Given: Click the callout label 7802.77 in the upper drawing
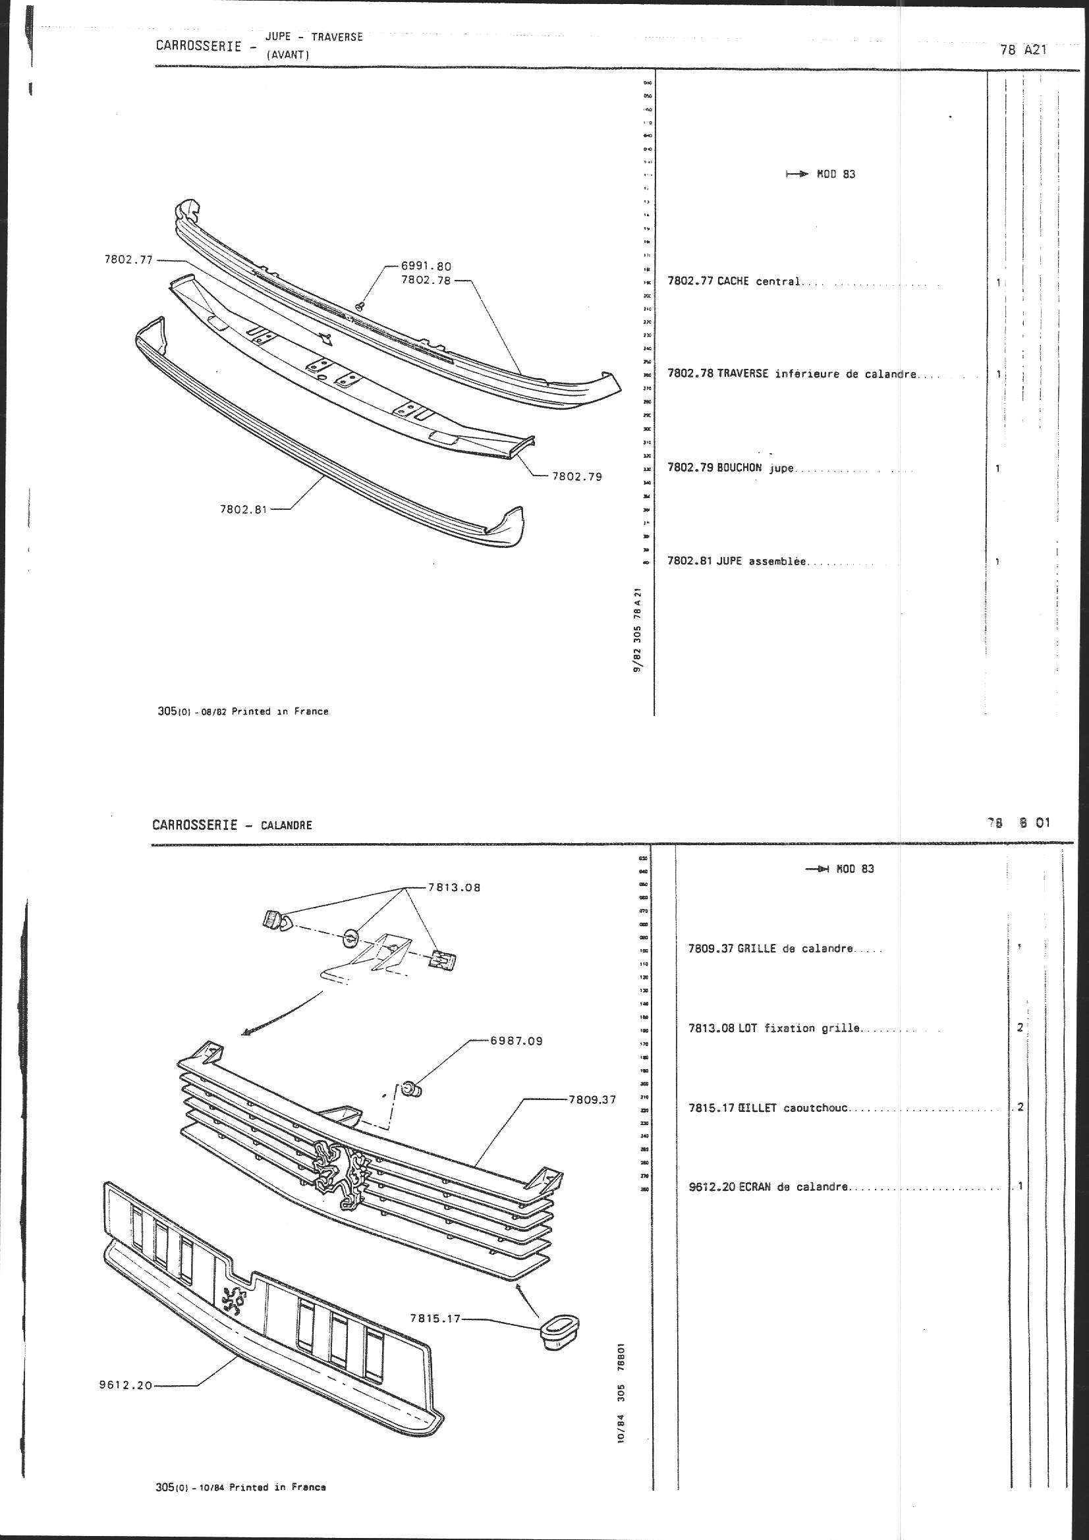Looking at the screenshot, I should [x=129, y=260].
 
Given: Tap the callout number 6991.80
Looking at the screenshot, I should [x=426, y=266].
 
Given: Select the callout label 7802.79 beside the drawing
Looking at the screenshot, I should [x=576, y=477].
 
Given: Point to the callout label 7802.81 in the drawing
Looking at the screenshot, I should [x=244, y=509].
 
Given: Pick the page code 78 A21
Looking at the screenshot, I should [x=1022, y=49].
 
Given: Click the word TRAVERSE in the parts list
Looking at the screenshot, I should [x=742, y=373].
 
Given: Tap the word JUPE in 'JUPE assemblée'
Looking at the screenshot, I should [x=729, y=561].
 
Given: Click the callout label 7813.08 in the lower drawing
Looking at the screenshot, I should [x=455, y=887].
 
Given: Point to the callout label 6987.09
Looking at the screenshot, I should [x=516, y=1041].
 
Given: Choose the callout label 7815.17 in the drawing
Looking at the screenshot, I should [x=435, y=1318].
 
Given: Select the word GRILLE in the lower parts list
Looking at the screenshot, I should [x=757, y=949].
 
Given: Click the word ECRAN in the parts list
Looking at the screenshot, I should [x=755, y=1186].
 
